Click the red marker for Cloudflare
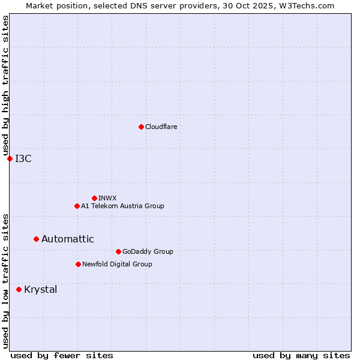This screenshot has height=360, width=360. point(141,127)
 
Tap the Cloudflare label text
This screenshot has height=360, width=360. point(161,127)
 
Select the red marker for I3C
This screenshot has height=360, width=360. point(10,158)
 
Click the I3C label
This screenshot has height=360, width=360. point(23,158)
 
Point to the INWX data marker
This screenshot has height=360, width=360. point(94,198)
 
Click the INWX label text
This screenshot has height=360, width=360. point(108,198)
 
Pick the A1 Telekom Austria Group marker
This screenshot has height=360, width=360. point(77,206)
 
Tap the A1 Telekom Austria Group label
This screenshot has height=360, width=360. point(122,206)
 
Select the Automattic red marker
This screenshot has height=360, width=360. point(36,239)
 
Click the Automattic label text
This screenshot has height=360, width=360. point(68,239)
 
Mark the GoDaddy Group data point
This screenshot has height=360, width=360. point(118,251)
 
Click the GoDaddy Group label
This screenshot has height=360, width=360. point(148,251)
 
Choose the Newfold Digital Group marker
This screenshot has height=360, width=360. point(78,264)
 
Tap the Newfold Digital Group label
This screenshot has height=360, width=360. point(117,264)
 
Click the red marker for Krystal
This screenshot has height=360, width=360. point(19,289)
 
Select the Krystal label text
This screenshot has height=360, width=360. point(41,289)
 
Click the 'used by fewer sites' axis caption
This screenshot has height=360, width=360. point(62,355)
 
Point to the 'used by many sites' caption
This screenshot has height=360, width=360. point(301,355)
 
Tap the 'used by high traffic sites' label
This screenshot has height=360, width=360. point(5,85)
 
